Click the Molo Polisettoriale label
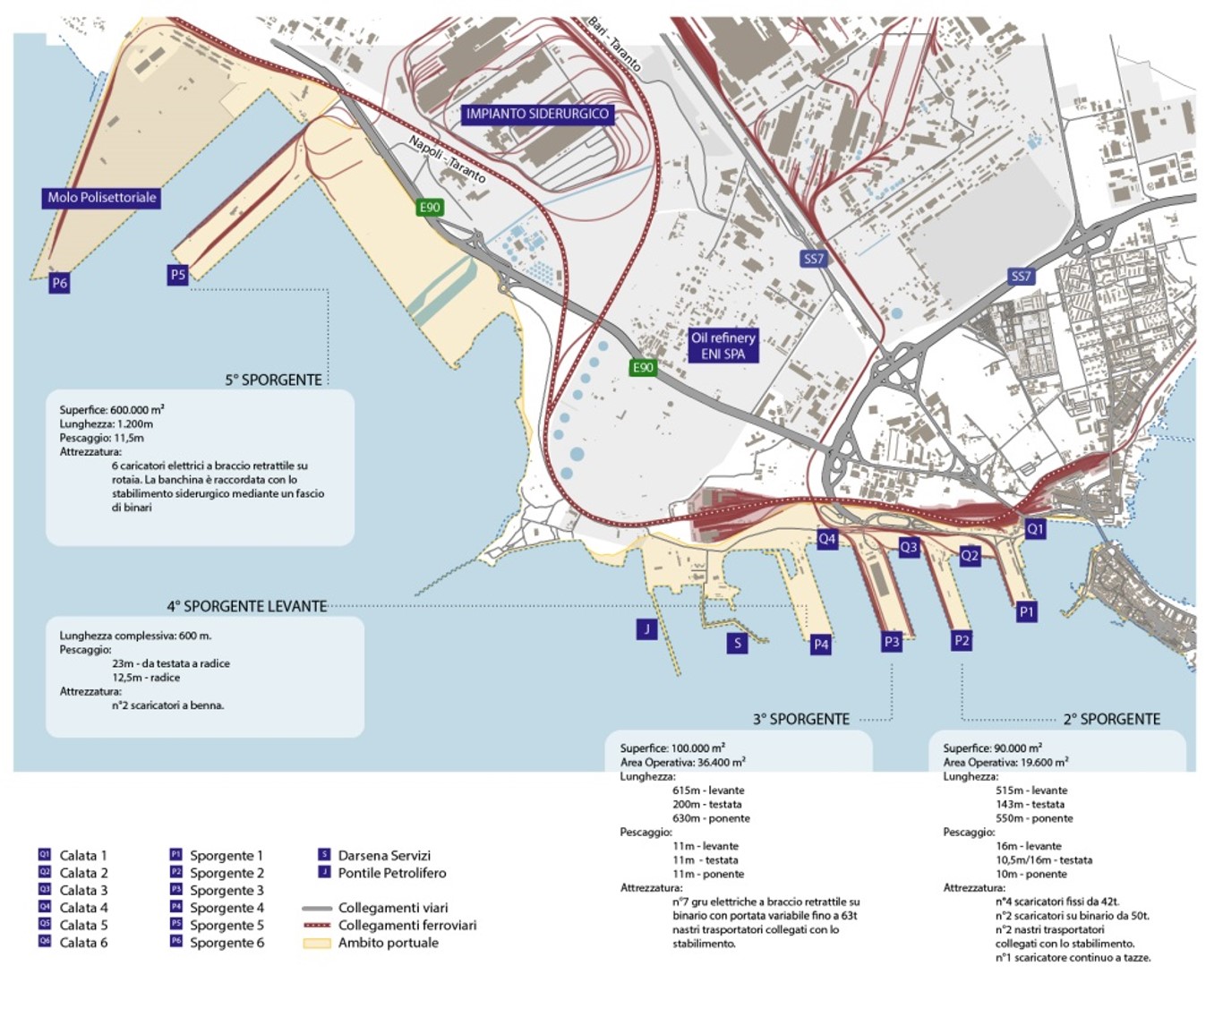click(101, 198)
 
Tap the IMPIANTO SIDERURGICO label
click(537, 114)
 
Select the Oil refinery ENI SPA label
click(723, 346)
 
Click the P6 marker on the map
click(59, 283)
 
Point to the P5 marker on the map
click(177, 275)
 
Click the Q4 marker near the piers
click(827, 539)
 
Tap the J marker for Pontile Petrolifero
click(646, 628)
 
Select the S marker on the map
click(737, 642)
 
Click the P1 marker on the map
click(1026, 612)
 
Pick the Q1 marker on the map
click(1035, 528)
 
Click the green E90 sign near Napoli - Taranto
click(430, 208)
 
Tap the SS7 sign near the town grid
click(1021, 277)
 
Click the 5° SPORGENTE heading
click(273, 380)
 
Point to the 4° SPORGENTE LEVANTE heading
click(246, 606)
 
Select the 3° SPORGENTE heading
click(800, 719)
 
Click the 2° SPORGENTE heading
click(1111, 719)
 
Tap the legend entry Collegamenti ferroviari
click(406, 925)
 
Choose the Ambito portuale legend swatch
click(317, 943)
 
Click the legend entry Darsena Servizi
click(383, 855)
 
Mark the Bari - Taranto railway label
click(614, 44)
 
